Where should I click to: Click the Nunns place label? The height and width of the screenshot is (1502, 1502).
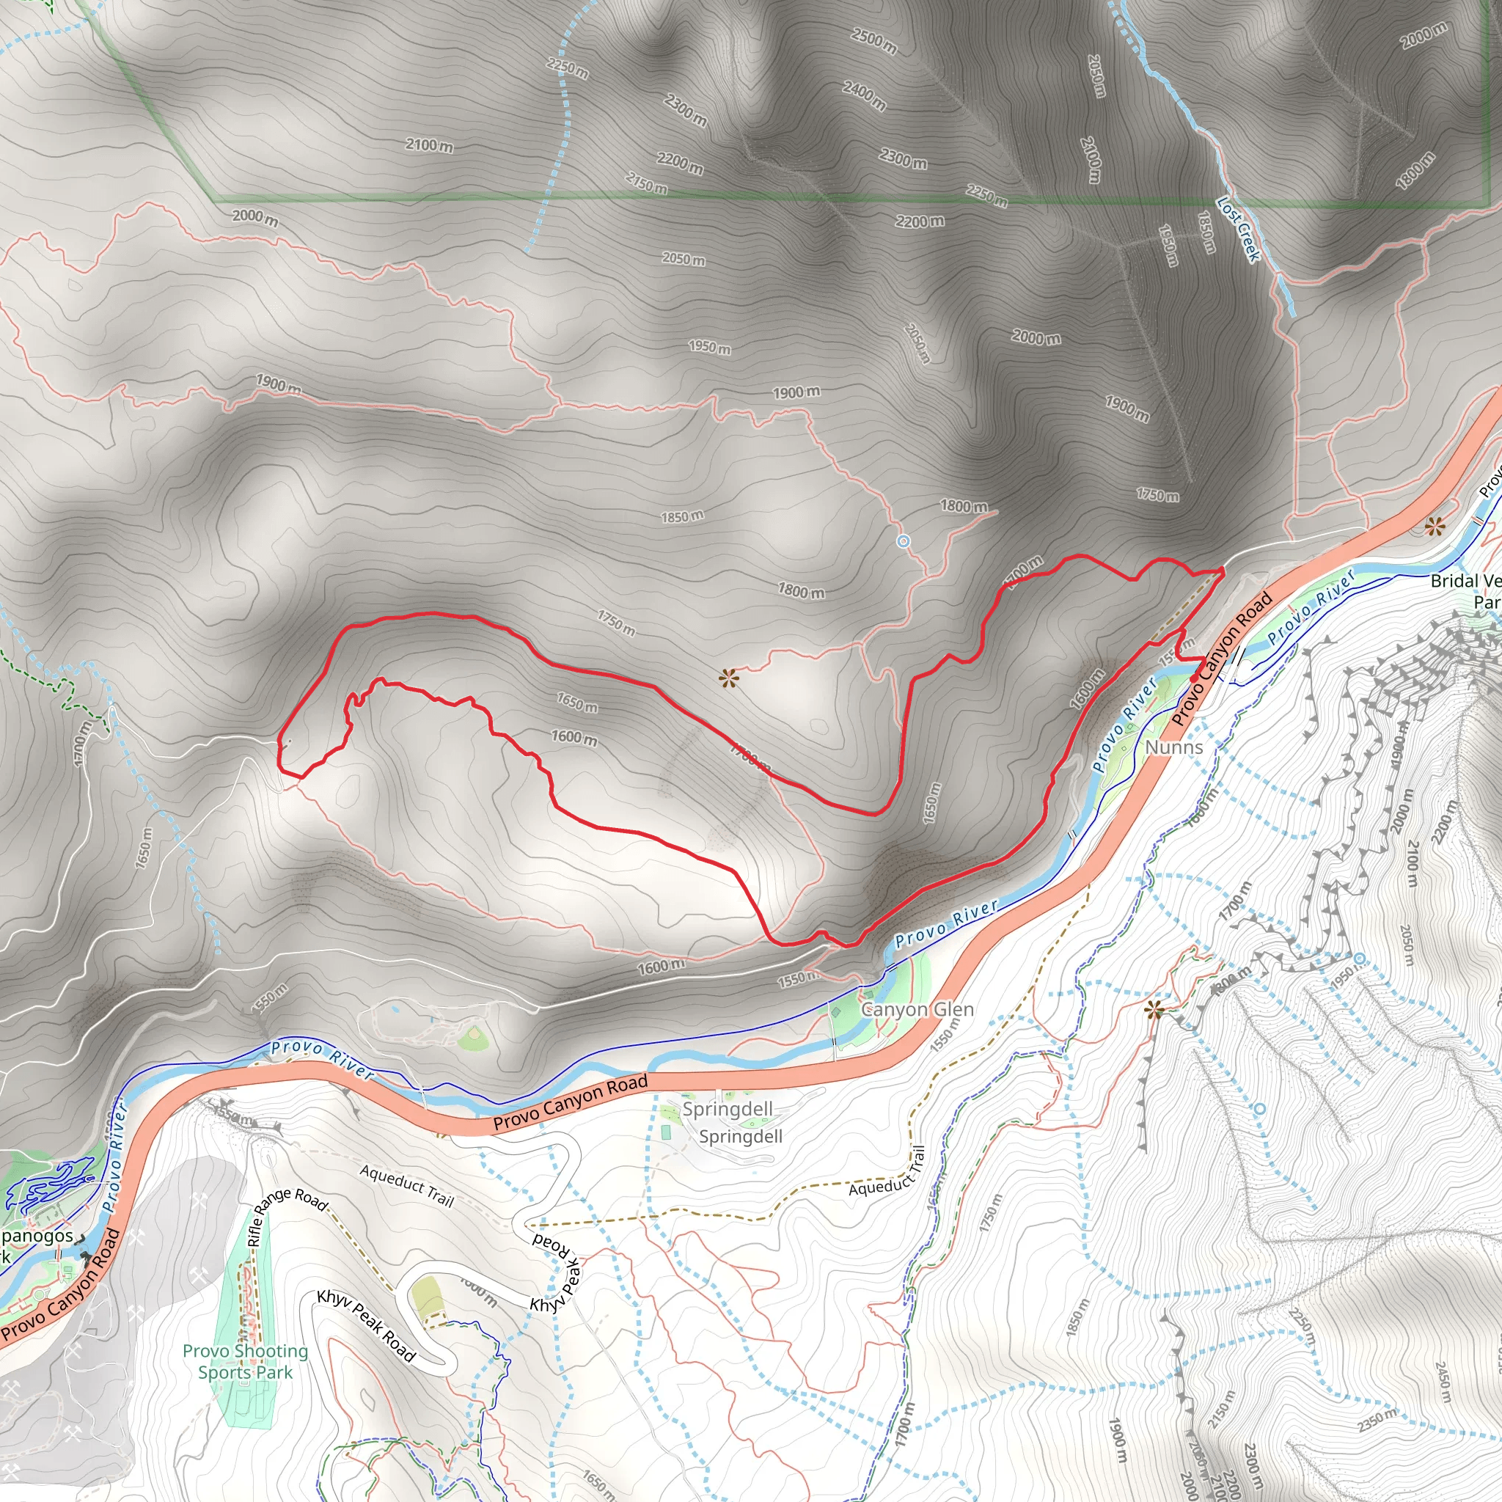(x=1174, y=747)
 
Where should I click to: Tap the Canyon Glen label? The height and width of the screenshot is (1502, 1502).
(x=917, y=1009)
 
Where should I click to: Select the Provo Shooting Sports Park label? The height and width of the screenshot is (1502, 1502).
(x=246, y=1361)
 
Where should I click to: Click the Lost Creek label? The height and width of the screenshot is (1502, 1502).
(x=1238, y=230)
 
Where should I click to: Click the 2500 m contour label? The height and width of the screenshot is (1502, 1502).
(x=873, y=40)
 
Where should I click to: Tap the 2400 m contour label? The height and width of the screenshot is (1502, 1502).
(x=864, y=95)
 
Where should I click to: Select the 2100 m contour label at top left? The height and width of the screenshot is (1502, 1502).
(x=428, y=144)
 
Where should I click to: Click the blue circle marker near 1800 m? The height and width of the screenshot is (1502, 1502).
(x=903, y=541)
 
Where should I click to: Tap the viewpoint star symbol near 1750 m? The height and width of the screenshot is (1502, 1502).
(x=728, y=678)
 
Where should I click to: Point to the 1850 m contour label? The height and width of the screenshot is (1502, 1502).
(x=682, y=516)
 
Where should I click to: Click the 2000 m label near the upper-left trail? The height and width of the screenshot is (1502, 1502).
(x=255, y=217)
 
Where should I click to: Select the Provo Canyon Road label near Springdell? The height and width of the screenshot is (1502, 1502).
(x=570, y=1103)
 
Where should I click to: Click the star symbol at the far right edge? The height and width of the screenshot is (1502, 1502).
(x=1435, y=527)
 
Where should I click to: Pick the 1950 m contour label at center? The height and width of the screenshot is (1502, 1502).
(x=709, y=347)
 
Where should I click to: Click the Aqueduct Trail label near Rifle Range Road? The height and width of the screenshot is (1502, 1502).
(x=406, y=1185)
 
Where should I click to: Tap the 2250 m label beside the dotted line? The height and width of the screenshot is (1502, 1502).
(x=568, y=68)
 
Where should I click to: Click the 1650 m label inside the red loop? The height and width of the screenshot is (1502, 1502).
(x=577, y=702)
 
